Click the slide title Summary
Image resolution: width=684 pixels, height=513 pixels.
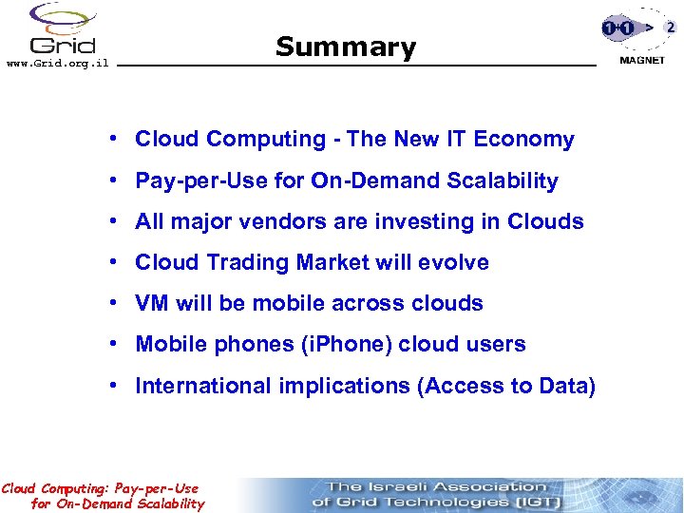(x=345, y=47)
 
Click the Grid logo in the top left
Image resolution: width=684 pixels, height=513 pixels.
(x=62, y=28)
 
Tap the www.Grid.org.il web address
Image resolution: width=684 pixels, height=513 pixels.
(x=57, y=63)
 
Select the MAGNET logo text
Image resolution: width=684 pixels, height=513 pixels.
(x=642, y=60)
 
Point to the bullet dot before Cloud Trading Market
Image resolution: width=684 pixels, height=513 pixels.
(x=112, y=262)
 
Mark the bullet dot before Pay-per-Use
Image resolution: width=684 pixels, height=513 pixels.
(x=112, y=180)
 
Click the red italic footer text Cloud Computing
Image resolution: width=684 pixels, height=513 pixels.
(x=57, y=488)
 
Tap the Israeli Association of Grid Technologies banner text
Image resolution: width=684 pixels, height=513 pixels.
(x=436, y=494)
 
